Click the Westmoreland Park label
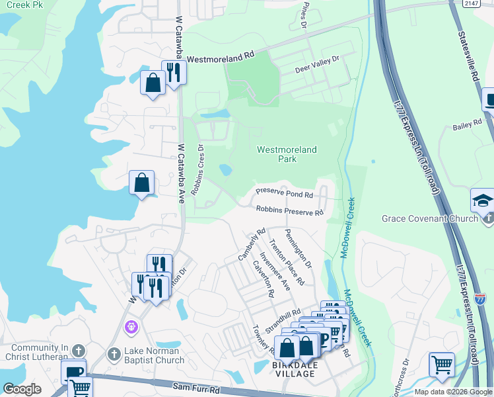pyautogui.click(x=287, y=155)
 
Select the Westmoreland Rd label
pyautogui.click(x=221, y=59)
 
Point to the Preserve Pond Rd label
pyautogui.click(x=284, y=194)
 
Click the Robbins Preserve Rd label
pyautogui.click(x=290, y=211)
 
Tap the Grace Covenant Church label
pyautogui.click(x=430, y=218)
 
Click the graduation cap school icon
pyautogui.click(x=483, y=200)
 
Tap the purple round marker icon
pyautogui.click(x=131, y=327)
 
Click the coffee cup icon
pyautogui.click(x=73, y=371)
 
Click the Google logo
pyautogui.click(x=22, y=389)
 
